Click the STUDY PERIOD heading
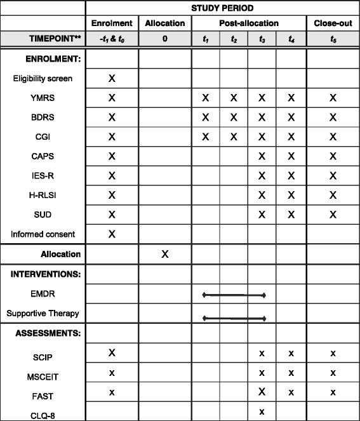[x=223, y=8]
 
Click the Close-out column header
[x=333, y=23]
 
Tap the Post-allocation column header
[x=249, y=23]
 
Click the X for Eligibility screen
[x=112, y=79]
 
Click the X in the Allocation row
[x=165, y=254]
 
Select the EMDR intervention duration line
[x=234, y=295]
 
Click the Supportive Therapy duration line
[x=234, y=317]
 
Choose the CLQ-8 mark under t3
[x=262, y=411]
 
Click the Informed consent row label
[x=43, y=234]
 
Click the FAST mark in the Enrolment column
[x=112, y=392]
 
